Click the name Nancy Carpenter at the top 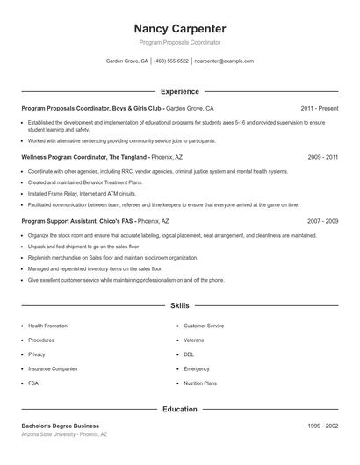tap(180, 28)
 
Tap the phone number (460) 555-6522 tap(171, 61)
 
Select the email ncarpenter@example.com tap(224, 61)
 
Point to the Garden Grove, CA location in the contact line tap(127, 61)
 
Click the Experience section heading tap(180, 91)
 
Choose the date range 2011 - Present tap(320, 108)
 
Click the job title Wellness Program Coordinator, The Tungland tap(84, 156)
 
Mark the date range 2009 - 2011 tap(322, 156)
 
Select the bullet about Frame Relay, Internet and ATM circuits tap(83, 192)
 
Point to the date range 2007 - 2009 tap(322, 222)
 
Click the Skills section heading tap(180, 305)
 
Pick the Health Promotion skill tap(48, 325)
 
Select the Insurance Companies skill tap(53, 368)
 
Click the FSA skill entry tap(34, 383)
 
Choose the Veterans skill tap(193, 340)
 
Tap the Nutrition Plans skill tap(200, 383)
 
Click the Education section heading tap(180, 409)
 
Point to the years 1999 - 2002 tap(322, 426)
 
